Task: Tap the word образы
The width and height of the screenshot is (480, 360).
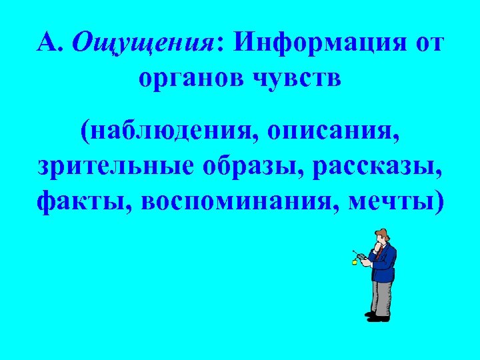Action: click(241, 164)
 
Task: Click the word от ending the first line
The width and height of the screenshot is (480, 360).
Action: click(427, 45)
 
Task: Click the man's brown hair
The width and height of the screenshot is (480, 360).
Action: click(381, 233)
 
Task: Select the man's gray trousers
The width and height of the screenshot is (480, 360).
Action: click(381, 297)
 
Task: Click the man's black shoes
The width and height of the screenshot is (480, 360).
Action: click(377, 317)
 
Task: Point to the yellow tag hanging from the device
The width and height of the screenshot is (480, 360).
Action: click(355, 263)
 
